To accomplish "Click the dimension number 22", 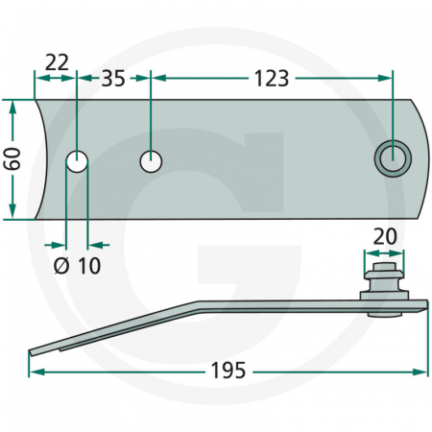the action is [x=57, y=62].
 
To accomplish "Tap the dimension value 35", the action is [x=113, y=79].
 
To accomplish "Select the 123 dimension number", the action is [x=272, y=79].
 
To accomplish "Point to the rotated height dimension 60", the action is [x=12, y=158].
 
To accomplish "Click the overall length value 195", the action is [x=228, y=371].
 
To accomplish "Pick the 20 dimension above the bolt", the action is [x=385, y=237].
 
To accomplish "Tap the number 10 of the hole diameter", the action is [x=89, y=266].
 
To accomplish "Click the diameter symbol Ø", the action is [x=61, y=266].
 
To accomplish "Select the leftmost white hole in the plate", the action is [x=77, y=161].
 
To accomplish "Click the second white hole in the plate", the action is [x=151, y=161].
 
